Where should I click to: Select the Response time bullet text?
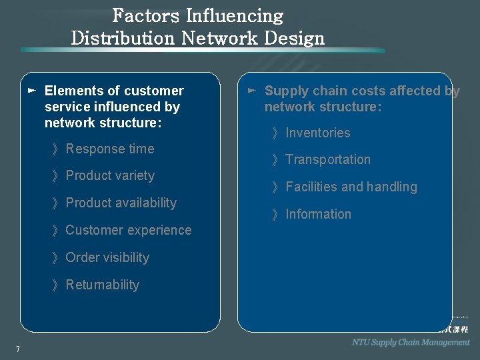point(109,149)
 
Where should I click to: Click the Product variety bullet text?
point(110,176)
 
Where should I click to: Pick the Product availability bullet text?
point(121,203)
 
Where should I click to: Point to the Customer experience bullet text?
point(128,230)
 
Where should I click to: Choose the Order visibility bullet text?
point(107,257)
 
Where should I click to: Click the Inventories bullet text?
point(317,133)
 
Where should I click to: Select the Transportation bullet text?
point(327,159)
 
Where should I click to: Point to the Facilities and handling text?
point(351,187)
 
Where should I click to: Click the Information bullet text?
point(318,214)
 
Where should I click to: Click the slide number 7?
point(18,349)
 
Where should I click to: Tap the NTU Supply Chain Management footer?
point(411,342)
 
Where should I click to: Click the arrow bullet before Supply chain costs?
point(251,89)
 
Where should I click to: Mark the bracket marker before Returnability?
point(55,285)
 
